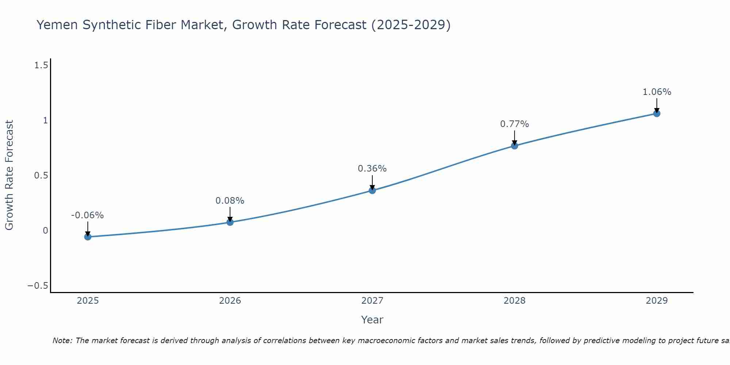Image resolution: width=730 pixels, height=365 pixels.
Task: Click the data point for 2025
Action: pyautogui.click(x=88, y=237)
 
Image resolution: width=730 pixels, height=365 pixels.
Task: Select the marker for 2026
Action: pyautogui.click(x=230, y=222)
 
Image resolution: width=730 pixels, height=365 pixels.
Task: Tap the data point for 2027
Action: pyautogui.click(x=372, y=190)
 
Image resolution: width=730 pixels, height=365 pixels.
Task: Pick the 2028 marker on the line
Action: pyautogui.click(x=514, y=146)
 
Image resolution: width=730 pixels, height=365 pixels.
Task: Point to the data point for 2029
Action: pyautogui.click(x=657, y=114)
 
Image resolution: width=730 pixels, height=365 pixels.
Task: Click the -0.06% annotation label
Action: pyautogui.click(x=87, y=215)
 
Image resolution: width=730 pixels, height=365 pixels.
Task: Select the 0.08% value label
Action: pyautogui.click(x=230, y=201)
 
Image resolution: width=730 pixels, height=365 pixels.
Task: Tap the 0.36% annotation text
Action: pyautogui.click(x=372, y=169)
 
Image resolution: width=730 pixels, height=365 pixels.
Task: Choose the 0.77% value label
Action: pyautogui.click(x=514, y=124)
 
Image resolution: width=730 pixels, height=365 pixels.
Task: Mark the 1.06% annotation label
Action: pyautogui.click(x=657, y=92)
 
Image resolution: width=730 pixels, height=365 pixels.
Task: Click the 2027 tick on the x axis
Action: pyautogui.click(x=372, y=301)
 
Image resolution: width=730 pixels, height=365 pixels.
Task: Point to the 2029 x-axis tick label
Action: pyautogui.click(x=657, y=301)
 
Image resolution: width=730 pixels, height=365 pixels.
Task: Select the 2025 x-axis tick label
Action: pyautogui.click(x=88, y=301)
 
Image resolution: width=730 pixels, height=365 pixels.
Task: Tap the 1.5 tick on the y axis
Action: pyautogui.click(x=41, y=65)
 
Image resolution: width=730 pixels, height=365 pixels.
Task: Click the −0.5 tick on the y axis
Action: pyautogui.click(x=38, y=285)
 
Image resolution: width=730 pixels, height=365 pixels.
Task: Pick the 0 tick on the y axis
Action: pyautogui.click(x=45, y=230)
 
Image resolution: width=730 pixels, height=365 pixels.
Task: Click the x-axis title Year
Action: pyautogui.click(x=372, y=320)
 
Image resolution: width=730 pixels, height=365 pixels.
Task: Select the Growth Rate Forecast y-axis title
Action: pyautogui.click(x=9, y=175)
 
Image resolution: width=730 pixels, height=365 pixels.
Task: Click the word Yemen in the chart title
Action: pyautogui.click(x=57, y=25)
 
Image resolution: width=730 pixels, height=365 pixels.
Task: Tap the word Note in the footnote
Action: pyautogui.click(x=62, y=341)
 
